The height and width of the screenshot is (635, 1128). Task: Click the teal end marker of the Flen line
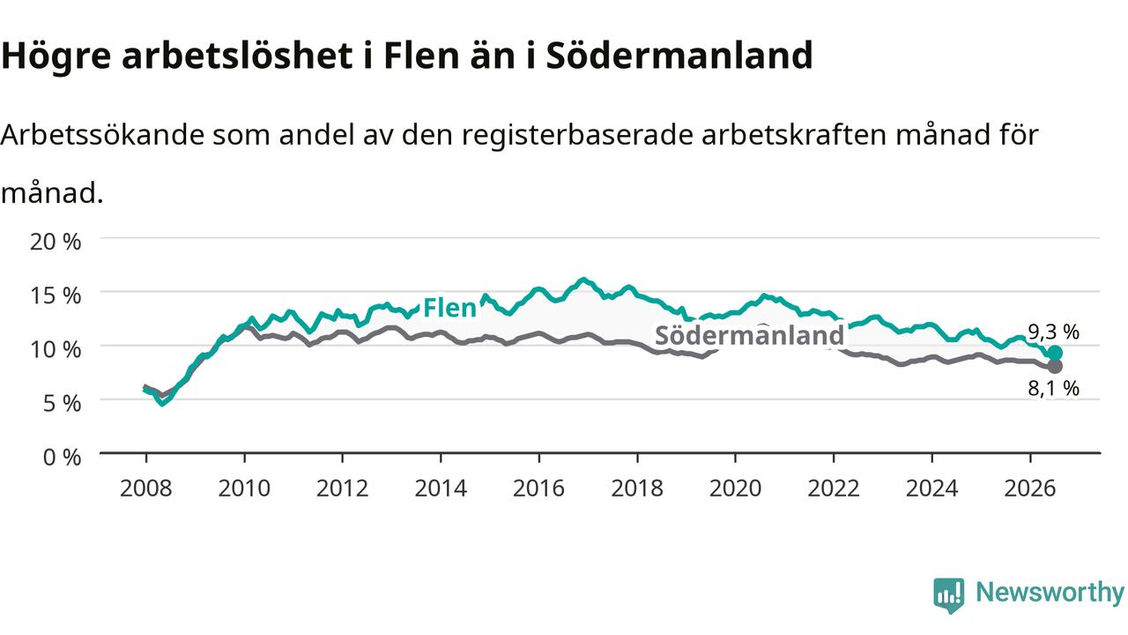[1055, 353]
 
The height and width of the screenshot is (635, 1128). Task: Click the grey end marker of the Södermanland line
[1055, 366]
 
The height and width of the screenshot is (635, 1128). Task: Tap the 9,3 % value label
[1053, 332]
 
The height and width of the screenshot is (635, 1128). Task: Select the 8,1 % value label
[1053, 388]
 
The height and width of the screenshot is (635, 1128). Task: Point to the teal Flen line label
[449, 308]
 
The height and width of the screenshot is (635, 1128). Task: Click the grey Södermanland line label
[749, 335]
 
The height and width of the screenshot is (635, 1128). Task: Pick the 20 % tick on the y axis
[56, 242]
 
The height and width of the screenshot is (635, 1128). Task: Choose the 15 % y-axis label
[56, 295]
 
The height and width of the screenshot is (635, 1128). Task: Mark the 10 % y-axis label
[56, 350]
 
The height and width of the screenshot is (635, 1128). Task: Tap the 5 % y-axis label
[62, 404]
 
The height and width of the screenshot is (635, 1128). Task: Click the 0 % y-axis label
[62, 458]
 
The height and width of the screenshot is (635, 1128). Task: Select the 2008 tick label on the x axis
[146, 489]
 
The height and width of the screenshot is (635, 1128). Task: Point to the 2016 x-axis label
[538, 489]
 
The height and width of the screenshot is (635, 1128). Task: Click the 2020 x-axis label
[735, 489]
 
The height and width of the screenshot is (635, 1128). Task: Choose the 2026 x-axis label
[1030, 489]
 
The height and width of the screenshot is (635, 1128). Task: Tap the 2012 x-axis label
[343, 489]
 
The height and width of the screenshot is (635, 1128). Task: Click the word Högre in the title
[56, 56]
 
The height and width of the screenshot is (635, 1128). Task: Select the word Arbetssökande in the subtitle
[103, 135]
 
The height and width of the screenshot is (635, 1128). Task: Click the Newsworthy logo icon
[949, 594]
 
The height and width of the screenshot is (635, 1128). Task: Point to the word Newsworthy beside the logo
[1050, 593]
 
